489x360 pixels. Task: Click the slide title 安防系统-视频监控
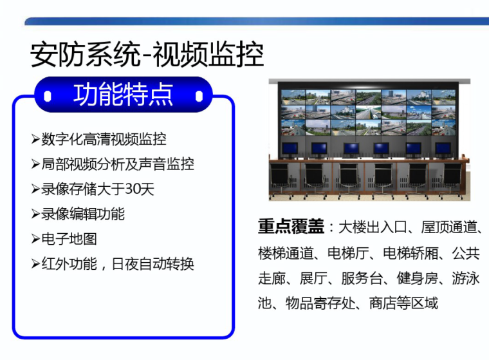147,55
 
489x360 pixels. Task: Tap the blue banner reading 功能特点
123,95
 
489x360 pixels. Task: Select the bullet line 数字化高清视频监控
104,139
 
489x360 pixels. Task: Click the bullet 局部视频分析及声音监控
118,164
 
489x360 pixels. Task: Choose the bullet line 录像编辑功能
83,214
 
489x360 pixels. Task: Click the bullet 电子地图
69,239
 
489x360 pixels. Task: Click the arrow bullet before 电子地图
35,239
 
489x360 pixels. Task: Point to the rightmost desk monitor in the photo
443,147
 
